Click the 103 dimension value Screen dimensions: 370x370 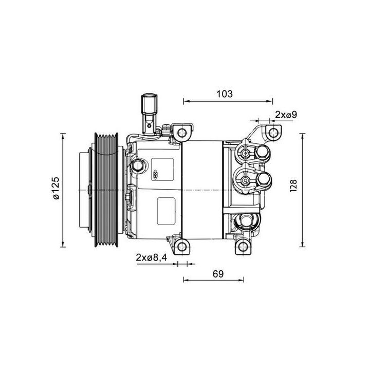click(x=225, y=94)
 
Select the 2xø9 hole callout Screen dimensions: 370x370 click(x=286, y=114)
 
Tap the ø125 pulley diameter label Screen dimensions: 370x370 click(x=55, y=189)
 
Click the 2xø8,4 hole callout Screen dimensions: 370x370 click(x=152, y=257)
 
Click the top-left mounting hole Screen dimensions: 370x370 click(x=182, y=133)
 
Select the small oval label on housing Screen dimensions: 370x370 click(x=157, y=175)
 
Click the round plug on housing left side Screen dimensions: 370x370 click(x=138, y=165)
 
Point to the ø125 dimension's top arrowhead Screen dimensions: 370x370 click(x=63, y=135)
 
